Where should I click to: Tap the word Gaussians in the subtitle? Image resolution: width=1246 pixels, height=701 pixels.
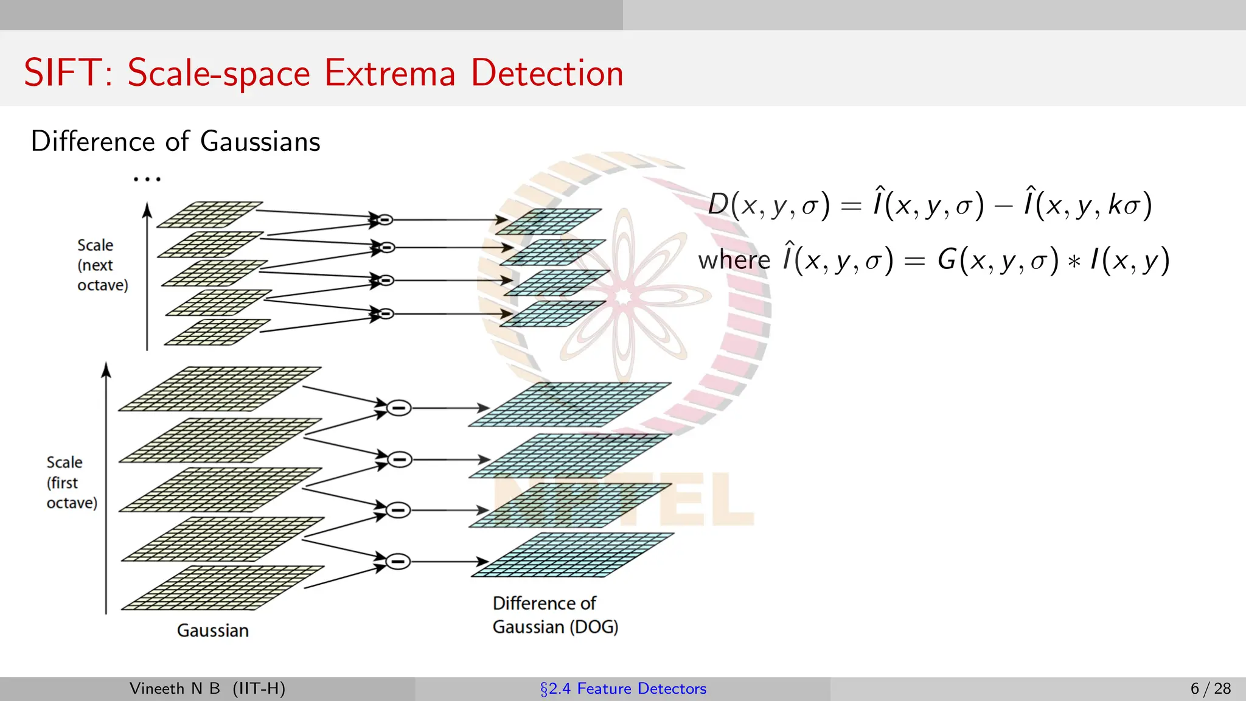tap(260, 142)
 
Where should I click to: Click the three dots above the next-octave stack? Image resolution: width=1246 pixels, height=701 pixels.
tap(147, 179)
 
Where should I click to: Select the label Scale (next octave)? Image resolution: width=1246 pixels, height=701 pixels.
tap(102, 265)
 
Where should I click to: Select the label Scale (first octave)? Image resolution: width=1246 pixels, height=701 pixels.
tap(71, 483)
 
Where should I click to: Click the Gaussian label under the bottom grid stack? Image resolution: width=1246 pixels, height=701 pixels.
tap(213, 630)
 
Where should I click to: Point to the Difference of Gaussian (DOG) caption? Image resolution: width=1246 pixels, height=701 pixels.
tap(554, 615)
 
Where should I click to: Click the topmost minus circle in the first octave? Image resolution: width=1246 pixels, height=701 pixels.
tap(399, 408)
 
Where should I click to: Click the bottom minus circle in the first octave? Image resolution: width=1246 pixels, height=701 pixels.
tap(398, 561)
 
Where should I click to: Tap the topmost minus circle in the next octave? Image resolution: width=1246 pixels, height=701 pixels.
tap(385, 220)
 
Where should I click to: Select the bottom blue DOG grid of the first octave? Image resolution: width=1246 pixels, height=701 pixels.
tap(572, 555)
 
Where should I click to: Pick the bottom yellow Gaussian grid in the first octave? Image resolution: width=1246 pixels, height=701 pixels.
tap(222, 588)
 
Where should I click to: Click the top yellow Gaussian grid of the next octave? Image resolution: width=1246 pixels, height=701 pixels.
tap(210, 215)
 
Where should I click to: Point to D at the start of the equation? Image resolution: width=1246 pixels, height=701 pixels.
tap(718, 204)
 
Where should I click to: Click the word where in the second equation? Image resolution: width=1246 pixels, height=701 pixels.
tap(734, 260)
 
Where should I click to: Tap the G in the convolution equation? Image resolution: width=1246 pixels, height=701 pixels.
tap(947, 260)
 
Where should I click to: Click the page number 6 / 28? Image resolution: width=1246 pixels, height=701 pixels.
tap(1210, 689)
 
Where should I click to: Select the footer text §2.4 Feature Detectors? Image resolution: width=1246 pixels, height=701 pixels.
tap(623, 689)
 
